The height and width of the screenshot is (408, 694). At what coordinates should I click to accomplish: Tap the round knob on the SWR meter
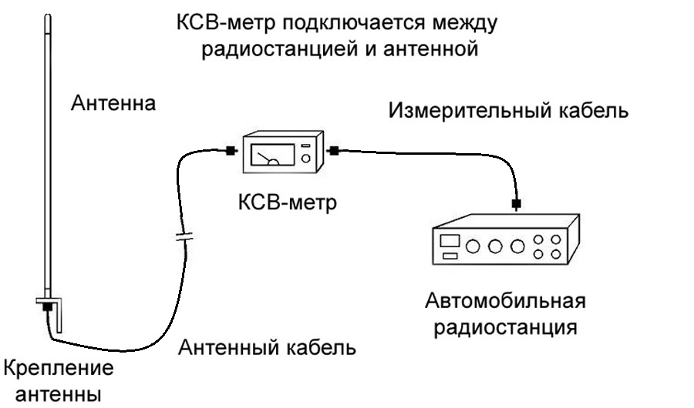point(306,159)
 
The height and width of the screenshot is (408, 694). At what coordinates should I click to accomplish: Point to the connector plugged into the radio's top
point(516,204)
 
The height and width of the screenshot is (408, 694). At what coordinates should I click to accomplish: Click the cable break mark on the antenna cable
point(182,235)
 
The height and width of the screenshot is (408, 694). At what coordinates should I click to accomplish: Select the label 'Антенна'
point(113,103)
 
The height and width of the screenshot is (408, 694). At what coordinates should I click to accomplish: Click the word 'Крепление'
point(59,368)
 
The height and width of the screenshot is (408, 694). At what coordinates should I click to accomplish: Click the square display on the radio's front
point(449,241)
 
